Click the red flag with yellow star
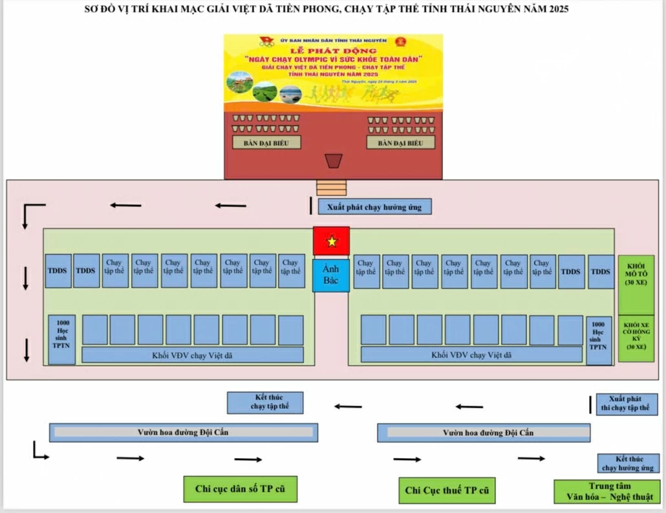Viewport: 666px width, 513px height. pyautogui.click(x=331, y=241)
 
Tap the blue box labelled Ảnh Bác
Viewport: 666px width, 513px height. pyautogui.click(x=331, y=275)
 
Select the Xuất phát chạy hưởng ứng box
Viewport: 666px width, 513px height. pyautogui.click(x=374, y=207)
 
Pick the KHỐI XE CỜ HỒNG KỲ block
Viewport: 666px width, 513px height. pyautogui.click(x=636, y=336)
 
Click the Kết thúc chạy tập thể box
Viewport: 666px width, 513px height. pyautogui.click(x=270, y=402)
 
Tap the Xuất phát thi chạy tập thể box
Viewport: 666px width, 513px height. pyautogui.click(x=626, y=404)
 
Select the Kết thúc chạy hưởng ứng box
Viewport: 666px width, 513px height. pyautogui.click(x=627, y=463)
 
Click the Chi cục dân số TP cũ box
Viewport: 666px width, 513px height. pyautogui.click(x=240, y=488)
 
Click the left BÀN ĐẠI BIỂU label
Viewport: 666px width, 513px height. pyautogui.click(x=266, y=143)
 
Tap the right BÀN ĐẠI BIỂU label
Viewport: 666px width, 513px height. pyautogui.click(x=400, y=143)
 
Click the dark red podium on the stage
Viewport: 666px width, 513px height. pyautogui.click(x=333, y=160)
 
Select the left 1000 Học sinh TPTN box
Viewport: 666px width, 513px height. pyautogui.click(x=62, y=339)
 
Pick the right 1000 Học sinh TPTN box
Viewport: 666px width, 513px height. pyautogui.click(x=599, y=339)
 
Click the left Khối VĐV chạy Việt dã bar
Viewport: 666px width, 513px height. pyautogui.click(x=193, y=355)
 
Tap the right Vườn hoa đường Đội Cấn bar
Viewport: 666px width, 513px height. pyautogui.click(x=483, y=433)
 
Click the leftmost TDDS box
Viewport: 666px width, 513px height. pyautogui.click(x=57, y=271)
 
